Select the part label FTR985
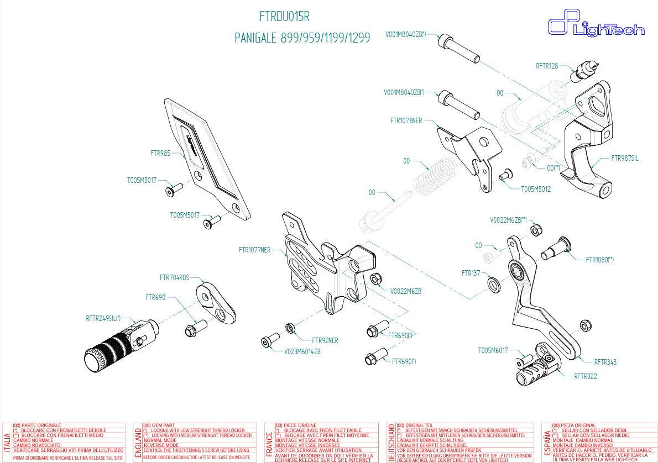160,153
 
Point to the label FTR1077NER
254,250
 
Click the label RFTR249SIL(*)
103,318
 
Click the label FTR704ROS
174,277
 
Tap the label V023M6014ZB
302,351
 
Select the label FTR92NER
325,340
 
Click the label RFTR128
546,66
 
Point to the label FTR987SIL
624,158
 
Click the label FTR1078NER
406,120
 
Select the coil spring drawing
435,176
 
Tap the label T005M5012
536,188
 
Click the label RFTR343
605,362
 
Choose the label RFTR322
585,376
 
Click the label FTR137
471,273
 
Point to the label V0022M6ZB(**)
508,219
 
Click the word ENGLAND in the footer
138,443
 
